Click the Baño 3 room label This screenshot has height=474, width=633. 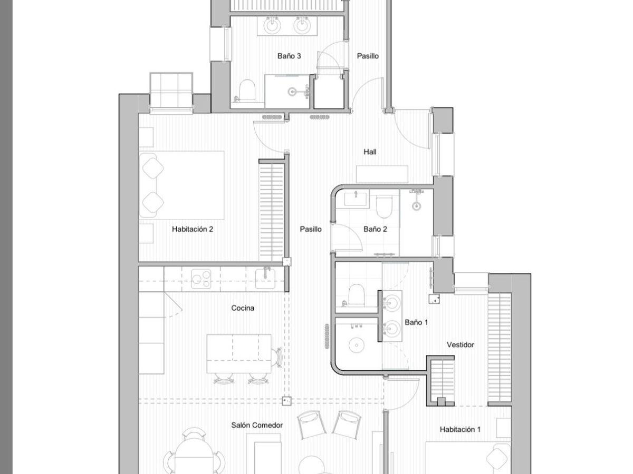click(x=289, y=56)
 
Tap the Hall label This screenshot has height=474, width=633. click(x=370, y=152)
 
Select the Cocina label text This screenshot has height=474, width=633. click(x=243, y=308)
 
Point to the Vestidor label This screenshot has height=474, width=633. click(x=461, y=344)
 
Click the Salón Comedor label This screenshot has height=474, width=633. click(x=257, y=425)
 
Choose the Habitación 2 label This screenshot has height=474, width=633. click(x=193, y=229)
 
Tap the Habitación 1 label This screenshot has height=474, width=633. click(x=460, y=429)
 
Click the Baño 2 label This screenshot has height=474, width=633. click(x=375, y=229)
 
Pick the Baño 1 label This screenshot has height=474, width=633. click(x=416, y=322)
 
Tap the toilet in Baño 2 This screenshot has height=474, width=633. click(x=384, y=207)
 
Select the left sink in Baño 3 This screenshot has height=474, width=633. click(x=272, y=25)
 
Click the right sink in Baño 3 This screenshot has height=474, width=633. click(x=302, y=25)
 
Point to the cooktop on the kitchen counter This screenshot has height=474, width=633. click(x=202, y=279)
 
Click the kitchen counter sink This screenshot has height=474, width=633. click(x=265, y=278)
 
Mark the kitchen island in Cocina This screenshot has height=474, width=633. click(x=239, y=353)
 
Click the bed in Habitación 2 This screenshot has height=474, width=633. click(x=181, y=185)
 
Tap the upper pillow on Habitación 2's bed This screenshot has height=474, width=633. click(x=152, y=168)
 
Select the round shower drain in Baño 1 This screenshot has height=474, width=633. click(x=357, y=345)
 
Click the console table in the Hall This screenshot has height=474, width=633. click(x=382, y=174)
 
